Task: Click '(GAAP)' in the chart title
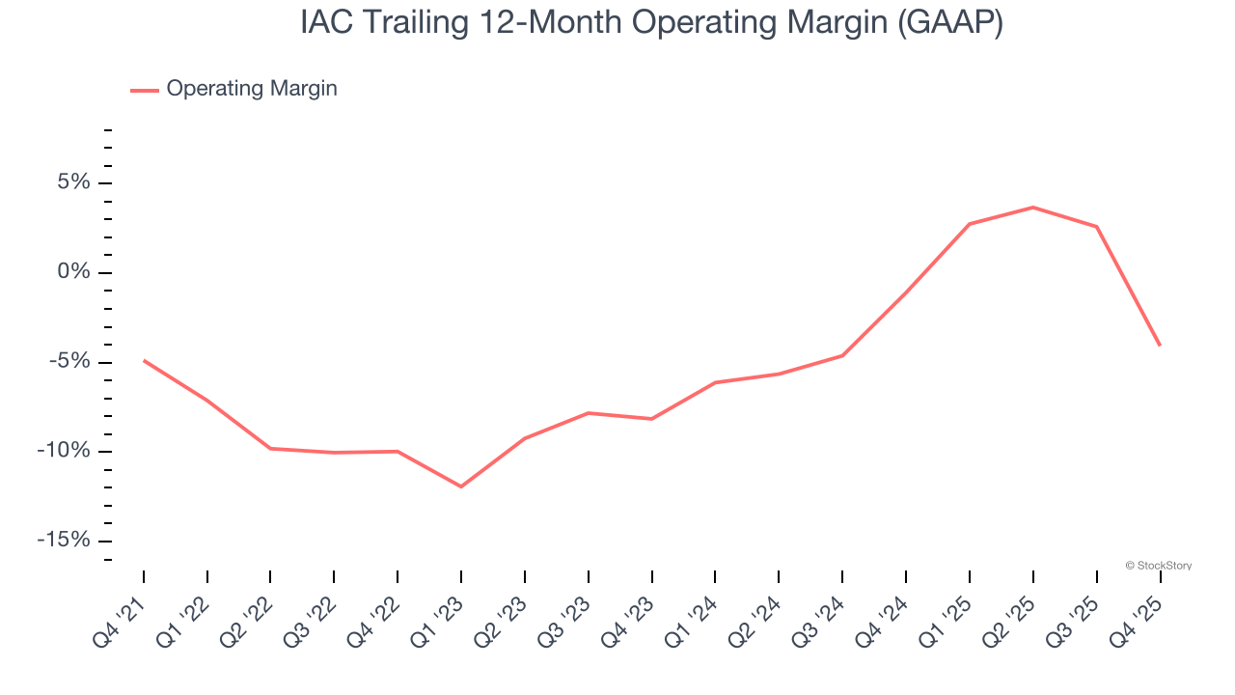coord(950,22)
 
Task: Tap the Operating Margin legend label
coord(252,89)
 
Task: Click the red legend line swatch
coord(145,90)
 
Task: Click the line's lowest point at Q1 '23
coord(461,486)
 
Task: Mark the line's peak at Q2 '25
coord(1033,208)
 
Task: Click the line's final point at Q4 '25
coord(1160,345)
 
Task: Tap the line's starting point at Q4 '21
coord(144,361)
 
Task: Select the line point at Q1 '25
coord(970,224)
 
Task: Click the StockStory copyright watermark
coord(1158,566)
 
